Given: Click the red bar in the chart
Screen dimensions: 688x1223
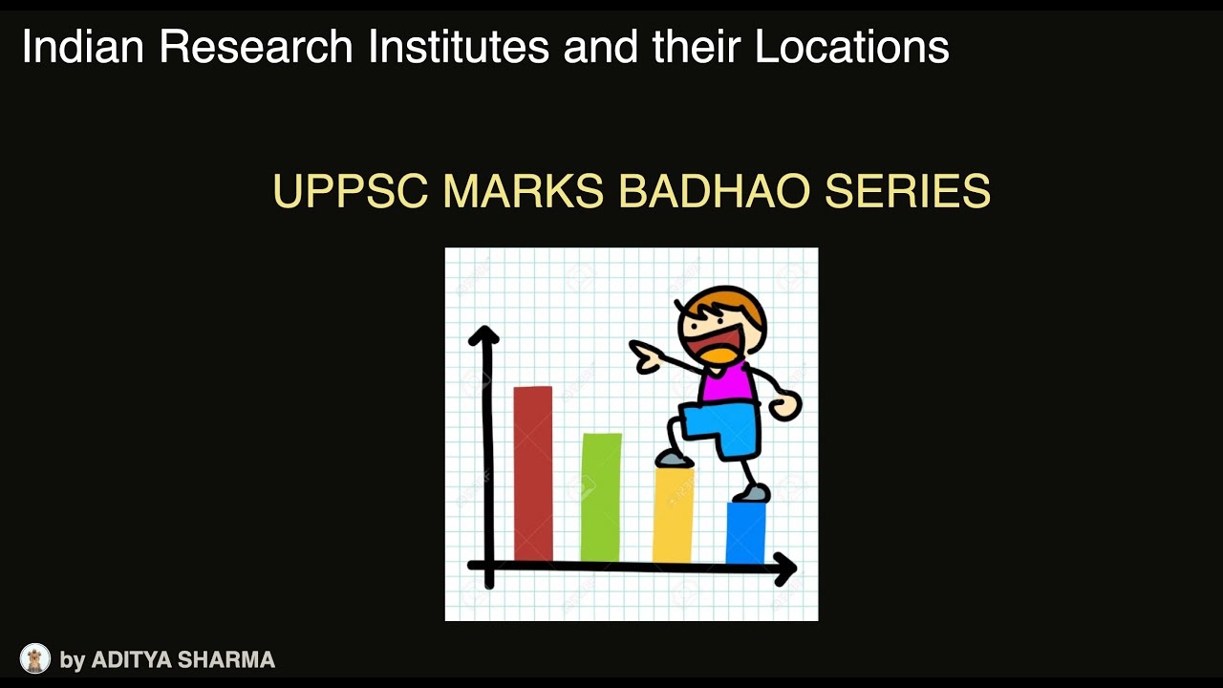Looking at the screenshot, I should pyautogui.click(x=533, y=473).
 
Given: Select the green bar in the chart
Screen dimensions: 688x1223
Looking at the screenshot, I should pyautogui.click(x=601, y=497).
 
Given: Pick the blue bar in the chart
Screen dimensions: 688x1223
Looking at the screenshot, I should pyautogui.click(x=745, y=532).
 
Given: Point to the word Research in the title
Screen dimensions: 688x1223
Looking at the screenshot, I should pyautogui.click(x=257, y=47).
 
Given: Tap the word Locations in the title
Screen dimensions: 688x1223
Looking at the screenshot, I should pyautogui.click(x=852, y=47).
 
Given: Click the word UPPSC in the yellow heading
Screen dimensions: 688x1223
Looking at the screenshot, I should pyautogui.click(x=350, y=192).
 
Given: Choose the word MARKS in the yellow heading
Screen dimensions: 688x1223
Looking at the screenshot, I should pyautogui.click(x=524, y=192).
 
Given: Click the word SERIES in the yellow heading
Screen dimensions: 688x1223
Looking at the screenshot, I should pyautogui.click(x=908, y=192).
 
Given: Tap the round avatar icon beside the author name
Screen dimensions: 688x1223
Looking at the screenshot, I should pyautogui.click(x=35, y=658).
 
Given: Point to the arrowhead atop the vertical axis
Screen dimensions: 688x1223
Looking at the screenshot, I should pyautogui.click(x=484, y=335).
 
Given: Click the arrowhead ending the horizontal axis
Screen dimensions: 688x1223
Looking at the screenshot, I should pyautogui.click(x=785, y=569).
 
